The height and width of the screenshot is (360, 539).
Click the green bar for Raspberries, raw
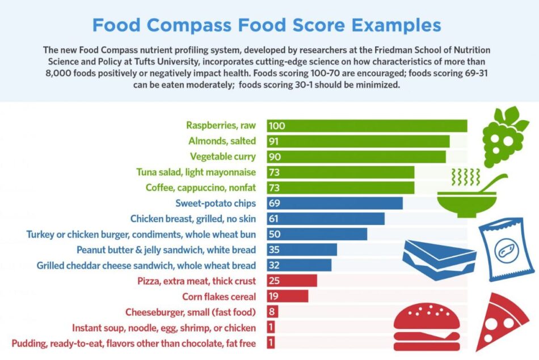point(367,126)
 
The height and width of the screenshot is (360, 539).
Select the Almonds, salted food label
point(222,141)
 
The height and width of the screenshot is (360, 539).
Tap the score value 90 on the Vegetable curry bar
point(275,157)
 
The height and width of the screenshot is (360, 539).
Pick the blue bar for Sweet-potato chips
point(335,204)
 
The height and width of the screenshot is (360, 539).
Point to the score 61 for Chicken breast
point(273,219)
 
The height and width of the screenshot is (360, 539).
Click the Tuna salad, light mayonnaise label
point(196,172)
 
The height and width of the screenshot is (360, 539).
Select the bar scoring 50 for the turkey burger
point(317,234)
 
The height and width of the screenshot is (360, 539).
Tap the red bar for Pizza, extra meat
point(292,281)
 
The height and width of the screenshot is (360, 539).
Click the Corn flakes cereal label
point(219,297)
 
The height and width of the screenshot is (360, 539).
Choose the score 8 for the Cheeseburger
point(272,312)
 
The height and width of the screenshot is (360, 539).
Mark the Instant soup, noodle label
point(163,328)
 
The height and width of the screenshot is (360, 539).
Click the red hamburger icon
point(427,327)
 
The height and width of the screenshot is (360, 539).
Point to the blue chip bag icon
point(506,250)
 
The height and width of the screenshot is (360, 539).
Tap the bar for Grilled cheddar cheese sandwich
point(299,265)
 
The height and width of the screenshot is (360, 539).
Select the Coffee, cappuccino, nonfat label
point(201,188)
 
